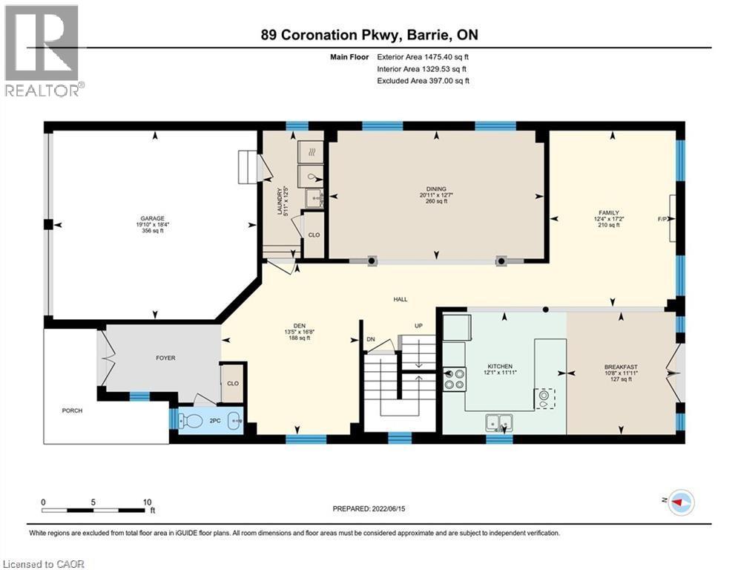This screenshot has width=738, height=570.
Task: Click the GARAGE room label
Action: tap(153, 219)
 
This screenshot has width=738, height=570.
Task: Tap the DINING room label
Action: tap(436, 189)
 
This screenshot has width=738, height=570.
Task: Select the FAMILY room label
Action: tap(608, 213)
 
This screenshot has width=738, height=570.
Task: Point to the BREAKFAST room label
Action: tap(621, 367)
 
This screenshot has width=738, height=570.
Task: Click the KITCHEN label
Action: tap(500, 366)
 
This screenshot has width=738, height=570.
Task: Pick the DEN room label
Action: tap(300, 326)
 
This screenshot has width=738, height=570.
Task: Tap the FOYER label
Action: tap(165, 358)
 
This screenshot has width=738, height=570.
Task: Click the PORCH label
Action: tap(72, 410)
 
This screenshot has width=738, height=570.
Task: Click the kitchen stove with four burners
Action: tap(455, 379)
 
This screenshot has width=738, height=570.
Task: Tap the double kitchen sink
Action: tap(499, 422)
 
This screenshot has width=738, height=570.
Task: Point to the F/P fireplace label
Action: tap(662, 219)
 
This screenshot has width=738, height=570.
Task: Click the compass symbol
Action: tap(682, 502)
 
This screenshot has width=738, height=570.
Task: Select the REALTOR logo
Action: tap(42, 50)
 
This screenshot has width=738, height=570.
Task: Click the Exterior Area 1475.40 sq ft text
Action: tap(423, 57)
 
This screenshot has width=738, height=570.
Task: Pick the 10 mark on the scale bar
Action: tap(148, 502)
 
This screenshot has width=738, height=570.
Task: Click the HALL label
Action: tap(401, 299)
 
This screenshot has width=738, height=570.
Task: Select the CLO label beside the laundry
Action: tap(314, 235)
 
